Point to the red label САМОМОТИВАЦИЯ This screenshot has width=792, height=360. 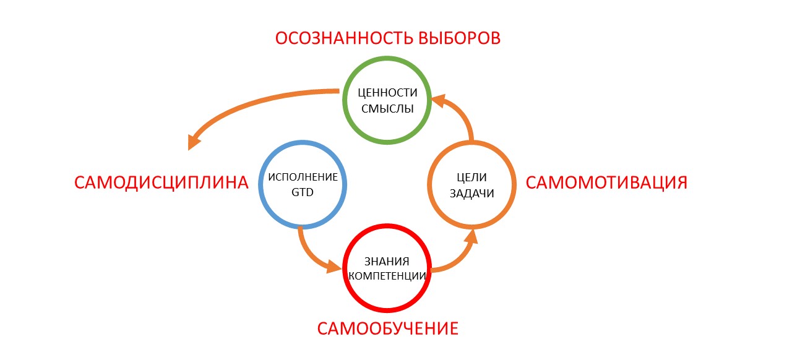coord(606,183)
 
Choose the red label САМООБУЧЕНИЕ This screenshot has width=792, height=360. coord(388,328)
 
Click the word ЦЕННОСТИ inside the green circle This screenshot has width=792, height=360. coord(388,92)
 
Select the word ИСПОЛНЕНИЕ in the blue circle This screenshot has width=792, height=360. coord(303,177)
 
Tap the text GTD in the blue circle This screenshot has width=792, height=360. coord(303,192)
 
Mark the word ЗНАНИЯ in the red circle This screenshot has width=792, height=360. coord(387,260)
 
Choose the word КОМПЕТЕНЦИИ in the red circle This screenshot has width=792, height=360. coord(387,276)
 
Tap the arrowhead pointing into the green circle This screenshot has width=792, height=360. coord(437,100)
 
